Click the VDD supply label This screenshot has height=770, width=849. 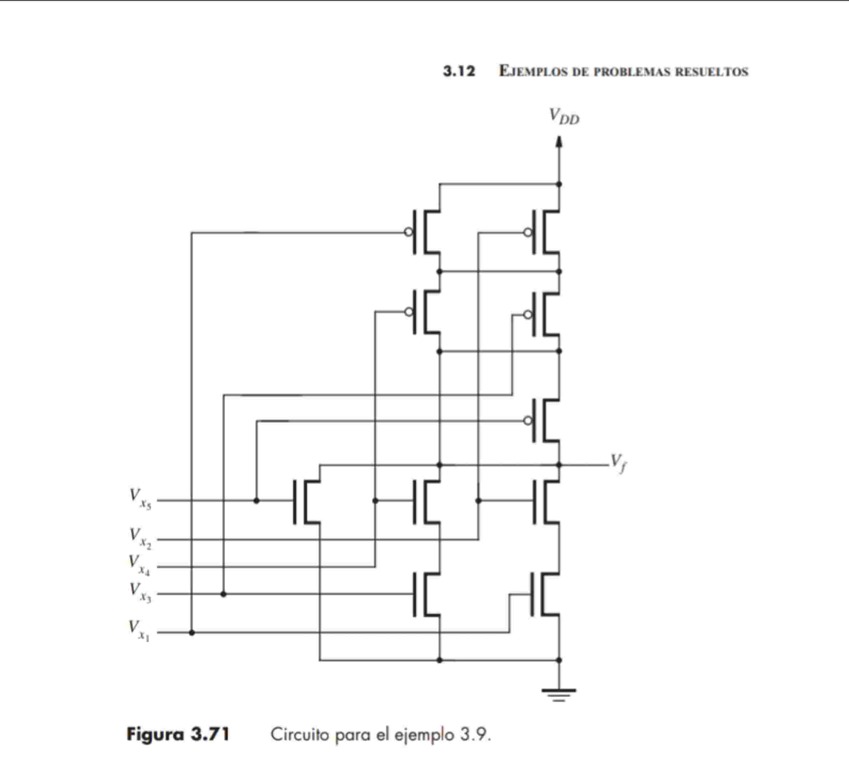564,116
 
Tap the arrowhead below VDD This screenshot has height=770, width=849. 559,142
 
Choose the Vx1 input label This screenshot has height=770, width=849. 139,630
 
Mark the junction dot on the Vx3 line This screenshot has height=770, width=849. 223,594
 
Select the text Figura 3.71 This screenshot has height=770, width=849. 178,735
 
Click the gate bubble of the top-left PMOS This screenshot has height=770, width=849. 408,232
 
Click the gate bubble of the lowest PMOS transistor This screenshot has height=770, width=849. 528,420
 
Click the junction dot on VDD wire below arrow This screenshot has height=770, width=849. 559,184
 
